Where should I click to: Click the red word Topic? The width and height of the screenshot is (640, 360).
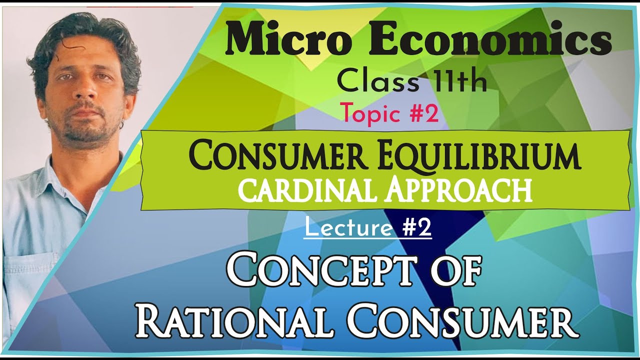(370, 114)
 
